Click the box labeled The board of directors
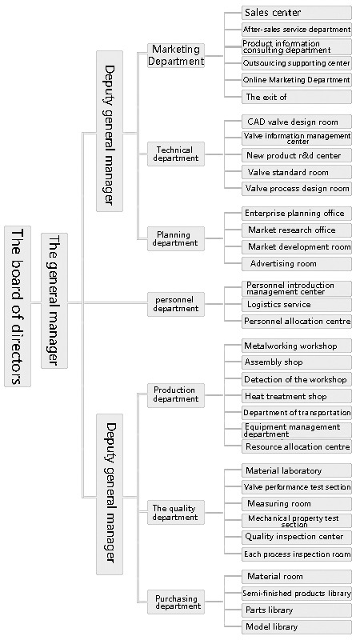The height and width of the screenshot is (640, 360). coord(18,306)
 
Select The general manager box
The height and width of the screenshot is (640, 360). coord(54,301)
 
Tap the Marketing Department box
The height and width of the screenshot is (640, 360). coord(176,55)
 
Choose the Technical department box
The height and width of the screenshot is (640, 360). coord(176,154)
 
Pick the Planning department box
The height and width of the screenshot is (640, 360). coord(176,238)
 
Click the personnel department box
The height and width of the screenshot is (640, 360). coord(176,304)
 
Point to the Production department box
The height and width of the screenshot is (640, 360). coord(176,395)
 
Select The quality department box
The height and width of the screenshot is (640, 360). coord(176,513)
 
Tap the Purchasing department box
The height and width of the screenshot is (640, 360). coord(176,602)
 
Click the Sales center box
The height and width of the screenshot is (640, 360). coord(297,13)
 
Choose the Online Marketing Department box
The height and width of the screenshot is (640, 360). coord(297,80)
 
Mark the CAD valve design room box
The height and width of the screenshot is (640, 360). coord(297,122)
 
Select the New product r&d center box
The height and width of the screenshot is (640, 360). coord(297,155)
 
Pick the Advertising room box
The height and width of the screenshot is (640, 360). coord(297,264)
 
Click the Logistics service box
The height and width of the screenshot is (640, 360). coord(297,305)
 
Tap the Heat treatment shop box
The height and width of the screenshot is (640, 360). coord(297,396)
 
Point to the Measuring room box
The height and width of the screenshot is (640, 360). coord(297,504)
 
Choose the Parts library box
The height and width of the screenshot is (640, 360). coord(297,610)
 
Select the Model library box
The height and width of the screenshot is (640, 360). coord(297,627)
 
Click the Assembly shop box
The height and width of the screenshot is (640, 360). coord(297,362)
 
